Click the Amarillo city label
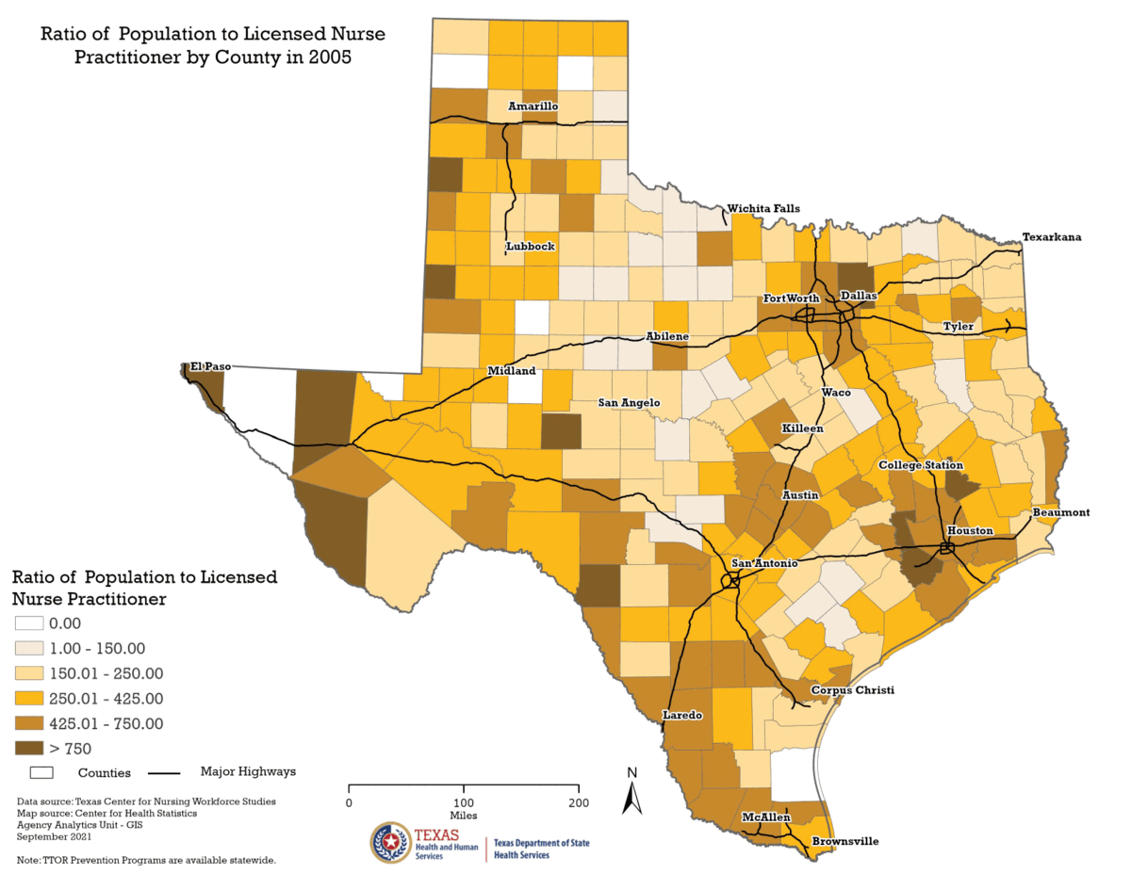coord(533,106)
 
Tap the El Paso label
coord(210,366)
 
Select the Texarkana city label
coord(1052,237)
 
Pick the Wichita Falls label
coord(762,208)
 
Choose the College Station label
coord(920,465)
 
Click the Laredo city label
coord(682,715)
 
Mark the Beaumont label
coord(1060,512)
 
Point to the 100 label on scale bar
coord(464,802)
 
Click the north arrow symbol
coord(632,792)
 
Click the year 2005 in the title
coord(332,57)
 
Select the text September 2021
coord(54,835)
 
